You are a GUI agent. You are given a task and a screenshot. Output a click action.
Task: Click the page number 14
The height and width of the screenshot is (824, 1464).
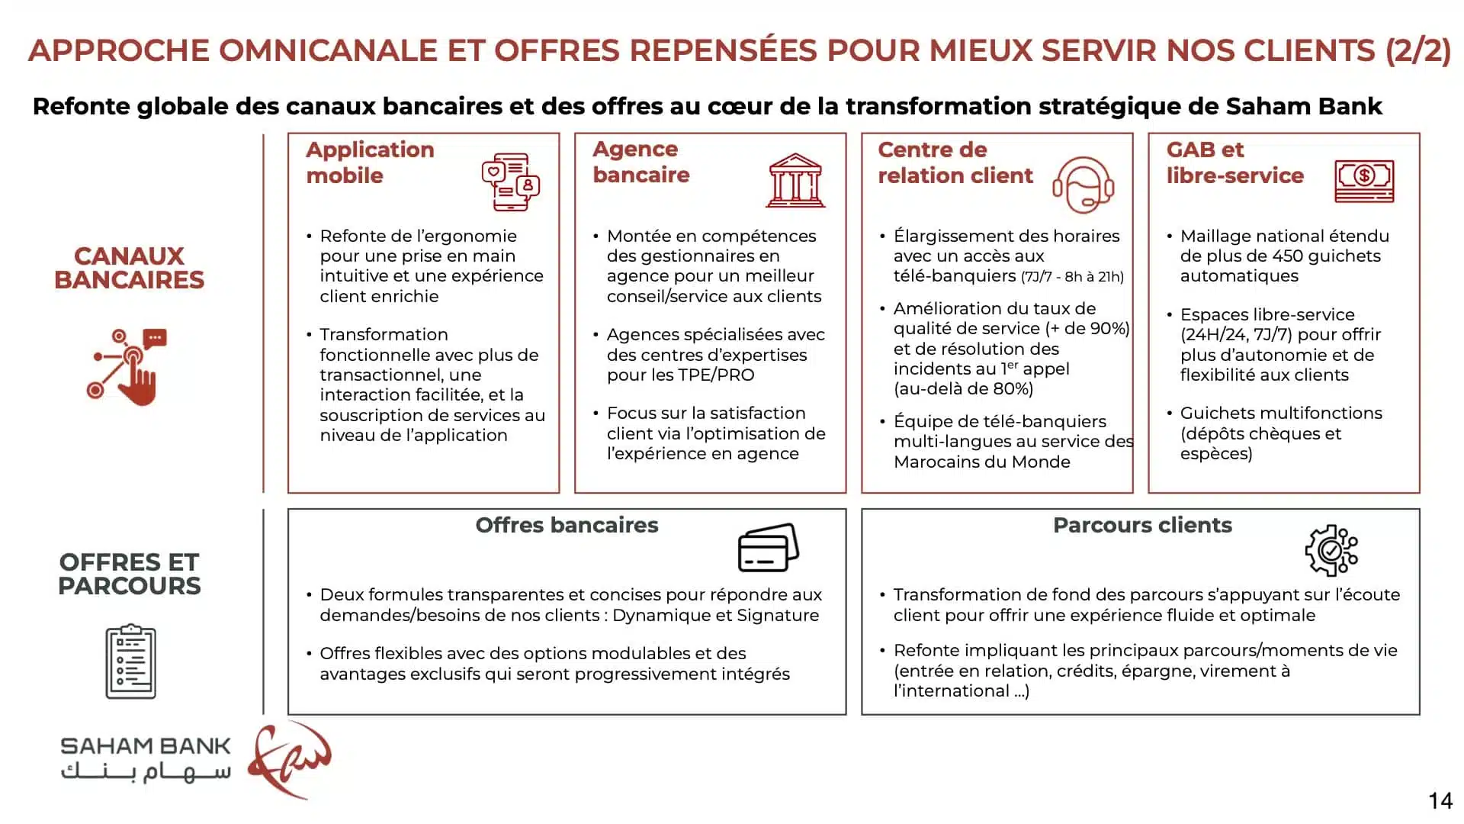pyautogui.click(x=1440, y=801)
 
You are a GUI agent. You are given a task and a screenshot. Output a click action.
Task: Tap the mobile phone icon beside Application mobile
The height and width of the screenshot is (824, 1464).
pyautogui.click(x=510, y=182)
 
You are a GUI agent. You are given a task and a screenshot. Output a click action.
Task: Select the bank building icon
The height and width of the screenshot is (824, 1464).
pyautogui.click(x=795, y=181)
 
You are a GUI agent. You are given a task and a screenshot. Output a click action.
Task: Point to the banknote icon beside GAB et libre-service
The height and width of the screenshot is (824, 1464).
pyautogui.click(x=1364, y=181)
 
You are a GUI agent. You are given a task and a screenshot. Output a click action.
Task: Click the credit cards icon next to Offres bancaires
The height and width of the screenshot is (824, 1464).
pyautogui.click(x=768, y=548)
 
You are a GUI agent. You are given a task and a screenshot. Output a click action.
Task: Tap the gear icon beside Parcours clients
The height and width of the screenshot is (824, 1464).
pyautogui.click(x=1331, y=550)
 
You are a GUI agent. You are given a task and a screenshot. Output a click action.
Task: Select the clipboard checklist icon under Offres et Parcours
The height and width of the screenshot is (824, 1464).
pyautogui.click(x=130, y=661)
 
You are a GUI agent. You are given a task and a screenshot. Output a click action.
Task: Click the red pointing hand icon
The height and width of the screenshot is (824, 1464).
pyautogui.click(x=128, y=367)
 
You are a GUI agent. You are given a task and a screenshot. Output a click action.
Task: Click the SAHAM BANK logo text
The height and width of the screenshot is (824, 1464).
pyautogui.click(x=145, y=746)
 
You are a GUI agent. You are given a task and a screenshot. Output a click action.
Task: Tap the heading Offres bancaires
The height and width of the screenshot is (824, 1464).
pyautogui.click(x=567, y=525)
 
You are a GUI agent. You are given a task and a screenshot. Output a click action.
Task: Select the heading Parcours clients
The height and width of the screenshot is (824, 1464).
pyautogui.click(x=1142, y=525)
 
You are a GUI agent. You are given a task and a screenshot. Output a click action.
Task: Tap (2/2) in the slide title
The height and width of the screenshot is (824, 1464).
pyautogui.click(x=1417, y=50)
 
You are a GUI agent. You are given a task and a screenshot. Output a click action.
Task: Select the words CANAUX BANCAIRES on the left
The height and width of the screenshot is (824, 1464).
pyautogui.click(x=130, y=268)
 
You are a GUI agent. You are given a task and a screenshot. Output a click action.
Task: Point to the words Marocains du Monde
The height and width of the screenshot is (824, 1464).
pyautogui.click(x=981, y=462)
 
